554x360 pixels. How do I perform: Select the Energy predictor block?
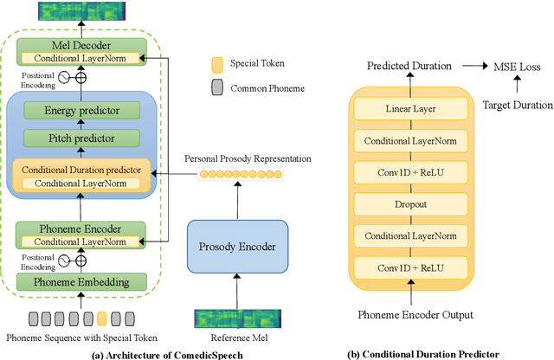82,110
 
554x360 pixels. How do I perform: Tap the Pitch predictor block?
82,138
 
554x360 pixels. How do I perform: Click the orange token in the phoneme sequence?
102,318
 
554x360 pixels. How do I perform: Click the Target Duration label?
516,105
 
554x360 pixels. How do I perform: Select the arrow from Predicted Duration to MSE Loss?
473,65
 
